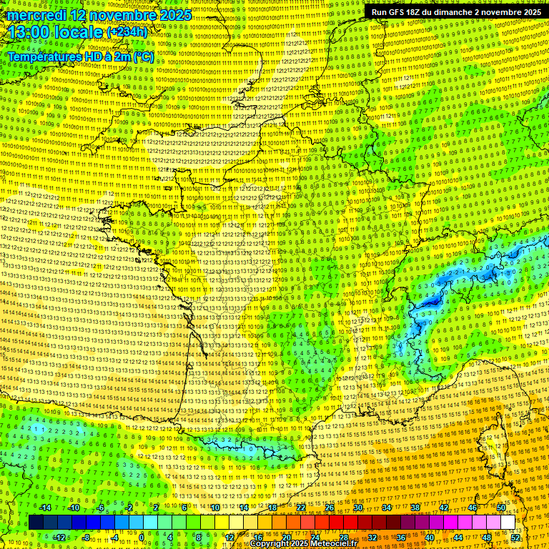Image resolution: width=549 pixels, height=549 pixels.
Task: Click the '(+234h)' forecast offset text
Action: pyautogui.click(x=127, y=32)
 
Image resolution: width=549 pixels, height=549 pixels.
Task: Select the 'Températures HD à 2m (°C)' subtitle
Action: pyautogui.click(x=80, y=56)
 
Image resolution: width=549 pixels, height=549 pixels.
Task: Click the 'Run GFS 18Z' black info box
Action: pyautogui.click(x=455, y=12)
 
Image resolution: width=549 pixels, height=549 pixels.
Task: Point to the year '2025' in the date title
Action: pyautogui.click(x=175, y=15)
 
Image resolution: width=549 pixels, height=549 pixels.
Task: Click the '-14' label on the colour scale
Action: pyautogui.click(x=44, y=508)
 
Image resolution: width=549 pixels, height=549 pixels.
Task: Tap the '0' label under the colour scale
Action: pyautogui.click(x=142, y=537)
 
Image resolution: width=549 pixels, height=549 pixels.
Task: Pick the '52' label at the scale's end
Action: pyautogui.click(x=515, y=537)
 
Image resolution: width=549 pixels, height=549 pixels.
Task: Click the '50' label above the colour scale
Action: pyautogui.click(x=501, y=508)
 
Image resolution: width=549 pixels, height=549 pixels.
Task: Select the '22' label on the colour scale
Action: pyautogui.click(x=301, y=508)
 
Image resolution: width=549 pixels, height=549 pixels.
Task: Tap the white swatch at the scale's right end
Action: pyautogui.click(x=508, y=523)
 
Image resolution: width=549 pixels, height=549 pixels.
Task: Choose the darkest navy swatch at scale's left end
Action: pyautogui.click(x=36, y=523)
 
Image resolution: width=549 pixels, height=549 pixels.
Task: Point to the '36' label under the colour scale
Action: pyautogui.click(x=401, y=537)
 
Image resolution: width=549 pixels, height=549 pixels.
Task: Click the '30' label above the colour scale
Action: pyautogui.click(x=358, y=508)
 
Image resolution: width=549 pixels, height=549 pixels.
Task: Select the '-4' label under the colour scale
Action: pyautogui.click(x=114, y=537)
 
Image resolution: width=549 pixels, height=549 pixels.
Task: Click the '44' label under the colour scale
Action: pyautogui.click(x=458, y=537)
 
